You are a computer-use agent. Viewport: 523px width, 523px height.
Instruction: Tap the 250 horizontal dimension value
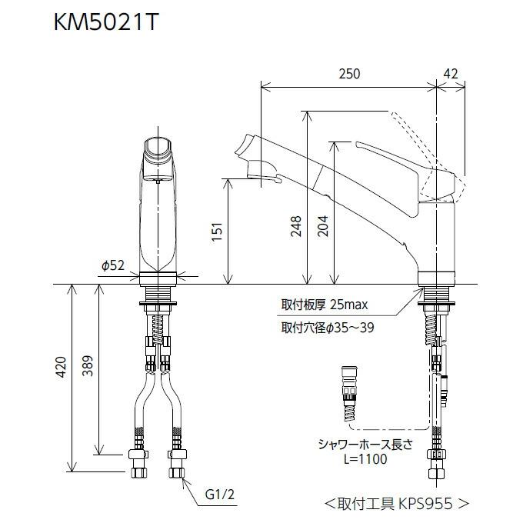[348, 74]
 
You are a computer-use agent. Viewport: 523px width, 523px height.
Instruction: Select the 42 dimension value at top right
[451, 74]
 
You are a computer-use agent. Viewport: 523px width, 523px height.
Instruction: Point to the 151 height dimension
[217, 230]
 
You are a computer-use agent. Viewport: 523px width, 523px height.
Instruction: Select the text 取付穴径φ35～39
[328, 327]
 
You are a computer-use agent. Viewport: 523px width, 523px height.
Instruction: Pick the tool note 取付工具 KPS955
[396, 504]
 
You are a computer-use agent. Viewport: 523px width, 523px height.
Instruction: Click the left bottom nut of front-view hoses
[139, 467]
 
